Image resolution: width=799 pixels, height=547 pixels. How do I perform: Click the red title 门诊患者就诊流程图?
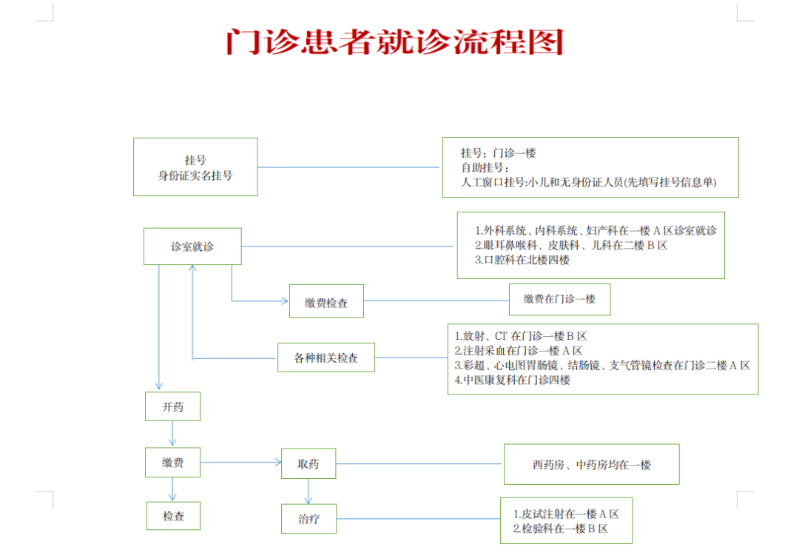tap(395, 41)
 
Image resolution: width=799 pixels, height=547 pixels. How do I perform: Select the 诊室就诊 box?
tap(192, 246)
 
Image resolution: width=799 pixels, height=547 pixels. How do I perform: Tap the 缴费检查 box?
tap(327, 301)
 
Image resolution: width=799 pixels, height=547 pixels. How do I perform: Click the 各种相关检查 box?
tap(326, 358)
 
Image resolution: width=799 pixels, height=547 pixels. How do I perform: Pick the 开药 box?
tap(172, 406)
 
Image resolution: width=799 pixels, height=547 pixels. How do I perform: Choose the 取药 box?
tap(309, 463)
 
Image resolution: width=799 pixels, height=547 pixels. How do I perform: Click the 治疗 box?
tap(309, 519)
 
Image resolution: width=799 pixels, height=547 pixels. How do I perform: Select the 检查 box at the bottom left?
tap(173, 516)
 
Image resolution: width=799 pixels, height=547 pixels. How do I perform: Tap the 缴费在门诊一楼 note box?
tap(559, 299)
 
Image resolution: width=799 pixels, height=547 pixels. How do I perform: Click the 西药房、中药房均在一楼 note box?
tap(592, 464)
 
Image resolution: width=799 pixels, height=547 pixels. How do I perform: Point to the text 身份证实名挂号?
tap(195, 175)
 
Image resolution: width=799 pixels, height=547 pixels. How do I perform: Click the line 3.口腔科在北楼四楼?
tap(522, 260)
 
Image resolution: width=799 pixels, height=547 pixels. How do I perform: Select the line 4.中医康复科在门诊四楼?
tap(513, 380)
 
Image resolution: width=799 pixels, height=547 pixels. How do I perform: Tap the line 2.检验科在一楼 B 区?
tap(561, 528)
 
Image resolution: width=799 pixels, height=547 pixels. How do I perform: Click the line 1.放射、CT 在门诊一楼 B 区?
tap(521, 336)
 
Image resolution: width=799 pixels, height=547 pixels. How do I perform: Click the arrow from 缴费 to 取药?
tap(241, 463)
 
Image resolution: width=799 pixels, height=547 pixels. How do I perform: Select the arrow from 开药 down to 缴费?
tap(172, 433)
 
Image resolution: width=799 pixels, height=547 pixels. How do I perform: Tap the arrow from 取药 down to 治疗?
tap(309, 491)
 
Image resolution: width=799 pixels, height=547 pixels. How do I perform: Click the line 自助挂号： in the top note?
tap(485, 168)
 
